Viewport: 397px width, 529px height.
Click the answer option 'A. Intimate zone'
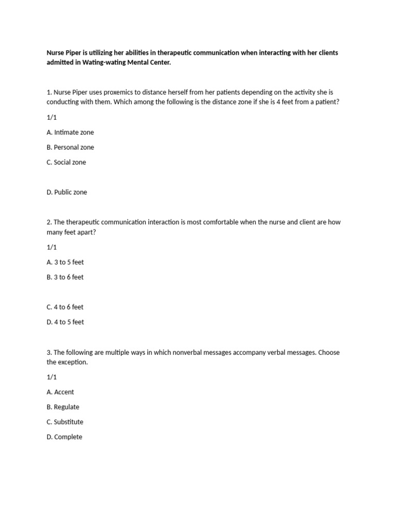coord(70,132)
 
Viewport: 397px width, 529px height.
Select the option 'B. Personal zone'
coord(70,147)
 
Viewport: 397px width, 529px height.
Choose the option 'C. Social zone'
coord(66,162)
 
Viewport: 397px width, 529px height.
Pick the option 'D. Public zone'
coord(67,192)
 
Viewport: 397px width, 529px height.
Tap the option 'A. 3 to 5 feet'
coord(65,262)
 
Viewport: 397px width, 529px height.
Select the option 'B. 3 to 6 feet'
coord(65,277)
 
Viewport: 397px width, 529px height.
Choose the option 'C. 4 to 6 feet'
coord(65,307)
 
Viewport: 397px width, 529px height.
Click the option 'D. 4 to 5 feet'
coord(65,322)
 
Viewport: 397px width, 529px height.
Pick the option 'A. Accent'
coord(60,392)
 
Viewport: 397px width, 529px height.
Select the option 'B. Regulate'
coord(63,407)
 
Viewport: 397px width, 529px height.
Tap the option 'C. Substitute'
coord(65,422)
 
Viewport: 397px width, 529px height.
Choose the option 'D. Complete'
coord(64,437)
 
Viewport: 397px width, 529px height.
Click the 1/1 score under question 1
coord(51,117)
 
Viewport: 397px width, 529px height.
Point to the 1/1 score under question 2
coord(51,247)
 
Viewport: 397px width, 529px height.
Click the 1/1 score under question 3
coord(51,377)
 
